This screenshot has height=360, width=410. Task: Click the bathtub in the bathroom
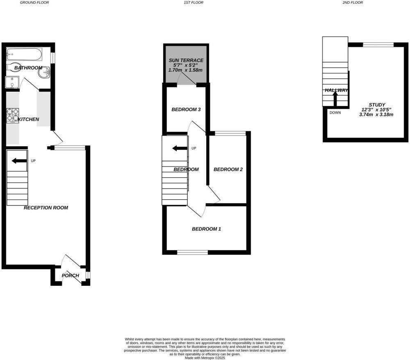point(23,54)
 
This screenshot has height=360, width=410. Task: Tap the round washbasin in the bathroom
point(44,72)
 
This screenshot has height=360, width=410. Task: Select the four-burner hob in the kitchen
point(13,115)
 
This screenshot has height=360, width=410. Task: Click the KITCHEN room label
point(28,120)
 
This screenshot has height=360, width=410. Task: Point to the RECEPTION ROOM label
point(46,208)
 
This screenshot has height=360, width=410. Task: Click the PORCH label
point(71,276)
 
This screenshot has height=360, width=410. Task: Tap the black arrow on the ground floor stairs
point(19,161)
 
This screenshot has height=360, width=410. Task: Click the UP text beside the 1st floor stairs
point(194,148)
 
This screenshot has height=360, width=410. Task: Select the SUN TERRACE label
point(186,60)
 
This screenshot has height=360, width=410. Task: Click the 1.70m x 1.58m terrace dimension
point(186,70)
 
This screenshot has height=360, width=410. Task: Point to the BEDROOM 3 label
point(186,109)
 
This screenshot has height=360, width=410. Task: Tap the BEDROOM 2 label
point(228,170)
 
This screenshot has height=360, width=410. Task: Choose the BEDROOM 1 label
point(207,229)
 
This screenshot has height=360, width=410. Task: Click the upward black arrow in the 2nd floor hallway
point(335,99)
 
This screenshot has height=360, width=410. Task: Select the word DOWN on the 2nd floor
point(335,113)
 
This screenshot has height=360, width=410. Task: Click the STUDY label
point(377,105)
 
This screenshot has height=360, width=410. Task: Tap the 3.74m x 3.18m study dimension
point(376,114)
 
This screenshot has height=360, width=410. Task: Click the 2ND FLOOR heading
point(353,2)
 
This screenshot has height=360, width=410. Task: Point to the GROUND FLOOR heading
point(34,2)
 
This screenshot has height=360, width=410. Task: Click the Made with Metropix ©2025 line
point(205,358)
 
